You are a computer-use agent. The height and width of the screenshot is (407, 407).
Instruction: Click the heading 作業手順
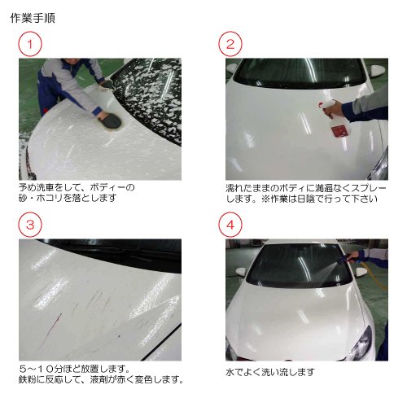[33, 18]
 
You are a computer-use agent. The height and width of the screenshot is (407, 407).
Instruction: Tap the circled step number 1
[30, 44]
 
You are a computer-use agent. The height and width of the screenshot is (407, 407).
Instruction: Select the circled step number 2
[230, 44]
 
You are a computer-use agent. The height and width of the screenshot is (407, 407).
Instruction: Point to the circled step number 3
[30, 225]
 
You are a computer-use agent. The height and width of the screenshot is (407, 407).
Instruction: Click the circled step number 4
[230, 225]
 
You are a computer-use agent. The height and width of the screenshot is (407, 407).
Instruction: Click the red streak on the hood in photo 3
[51, 330]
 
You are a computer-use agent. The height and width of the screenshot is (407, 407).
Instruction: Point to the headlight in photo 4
[363, 342]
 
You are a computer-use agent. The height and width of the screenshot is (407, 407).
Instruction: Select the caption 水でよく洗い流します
[270, 372]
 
